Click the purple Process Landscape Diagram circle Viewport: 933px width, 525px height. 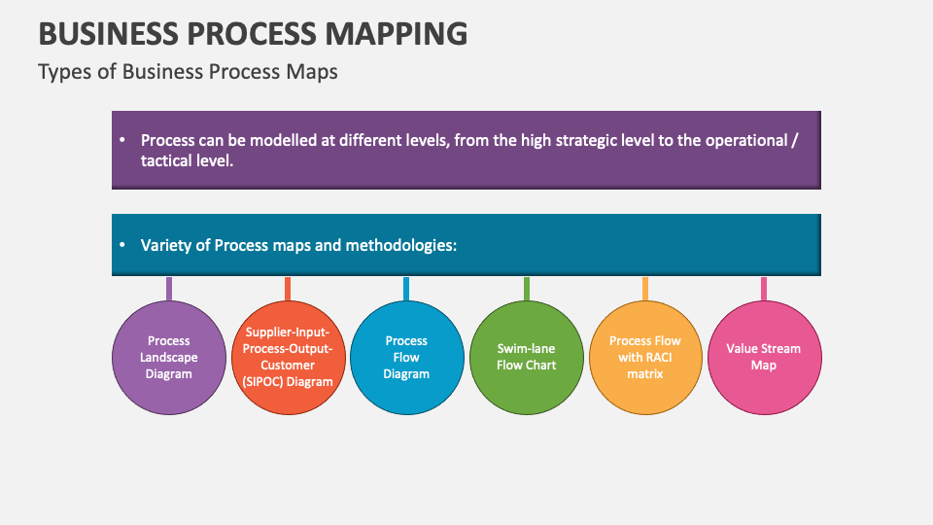pyautogui.click(x=169, y=357)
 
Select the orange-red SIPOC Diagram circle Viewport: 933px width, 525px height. pyautogui.click(x=288, y=357)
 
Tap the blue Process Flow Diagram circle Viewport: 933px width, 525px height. pyautogui.click(x=406, y=357)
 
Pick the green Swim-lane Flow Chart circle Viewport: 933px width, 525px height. pyautogui.click(x=527, y=357)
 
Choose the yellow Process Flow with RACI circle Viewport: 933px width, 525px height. pyautogui.click(x=645, y=357)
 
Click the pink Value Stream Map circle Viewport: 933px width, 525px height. pyautogui.click(x=764, y=357)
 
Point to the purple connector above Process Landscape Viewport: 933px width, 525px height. pyautogui.click(x=169, y=288)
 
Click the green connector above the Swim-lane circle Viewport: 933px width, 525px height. pyautogui.click(x=527, y=288)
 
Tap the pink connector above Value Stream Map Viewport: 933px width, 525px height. pyautogui.click(x=764, y=288)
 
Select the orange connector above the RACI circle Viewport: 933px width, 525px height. pyautogui.click(x=645, y=288)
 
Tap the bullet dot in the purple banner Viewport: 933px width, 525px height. pyautogui.click(x=122, y=140)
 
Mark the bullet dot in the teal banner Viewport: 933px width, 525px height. pyautogui.click(x=122, y=245)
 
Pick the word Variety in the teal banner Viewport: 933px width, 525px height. pyautogui.click(x=167, y=245)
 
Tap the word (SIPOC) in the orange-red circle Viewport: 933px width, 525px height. pyautogui.click(x=263, y=381)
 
